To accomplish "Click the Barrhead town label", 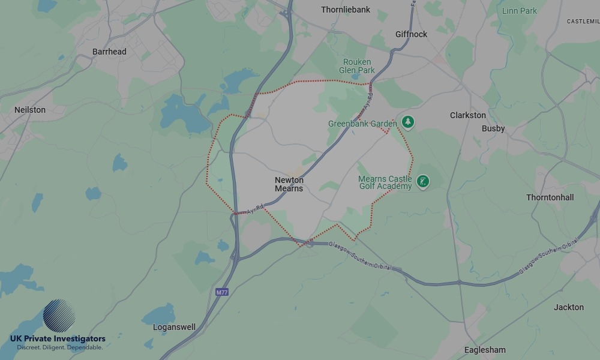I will click(x=109, y=52).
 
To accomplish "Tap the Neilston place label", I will click(x=30, y=110).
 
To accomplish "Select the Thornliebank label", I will click(x=346, y=10).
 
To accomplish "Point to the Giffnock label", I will click(x=411, y=34).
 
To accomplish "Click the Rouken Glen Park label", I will click(x=357, y=66).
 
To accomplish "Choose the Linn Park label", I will click(x=520, y=11).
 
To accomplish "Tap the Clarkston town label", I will click(x=468, y=115).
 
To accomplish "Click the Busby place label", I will click(x=493, y=128).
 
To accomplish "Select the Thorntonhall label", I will click(x=550, y=197).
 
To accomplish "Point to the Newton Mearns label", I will click(x=289, y=184).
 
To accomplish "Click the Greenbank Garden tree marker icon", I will click(x=408, y=122).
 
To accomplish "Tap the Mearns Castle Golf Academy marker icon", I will click(x=423, y=181).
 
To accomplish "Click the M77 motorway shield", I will click(x=222, y=292).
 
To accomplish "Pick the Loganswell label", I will click(x=174, y=327).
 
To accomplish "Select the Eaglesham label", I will click(x=485, y=350).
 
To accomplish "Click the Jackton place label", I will click(x=568, y=307).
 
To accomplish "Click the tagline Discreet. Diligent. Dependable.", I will click(x=59, y=347).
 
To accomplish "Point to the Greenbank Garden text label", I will click(x=362, y=124).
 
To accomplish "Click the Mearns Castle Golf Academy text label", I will click(x=385, y=182).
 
